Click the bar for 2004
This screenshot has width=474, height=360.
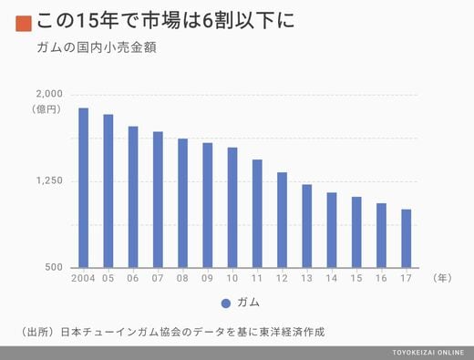[x=84, y=188]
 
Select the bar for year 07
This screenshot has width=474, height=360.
[x=158, y=200]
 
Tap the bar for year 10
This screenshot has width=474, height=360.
[x=232, y=208]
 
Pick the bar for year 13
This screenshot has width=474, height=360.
[x=307, y=226]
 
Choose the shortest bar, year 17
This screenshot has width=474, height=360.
[x=407, y=239]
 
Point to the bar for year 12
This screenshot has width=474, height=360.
[x=282, y=220]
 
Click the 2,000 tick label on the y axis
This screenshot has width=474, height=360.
[x=49, y=94]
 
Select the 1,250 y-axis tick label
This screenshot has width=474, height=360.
[x=49, y=180]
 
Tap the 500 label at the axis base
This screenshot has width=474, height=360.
[x=54, y=267]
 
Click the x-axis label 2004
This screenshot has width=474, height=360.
[x=83, y=278]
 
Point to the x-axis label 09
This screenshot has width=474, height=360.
[x=207, y=278]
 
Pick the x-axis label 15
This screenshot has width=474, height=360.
[x=356, y=278]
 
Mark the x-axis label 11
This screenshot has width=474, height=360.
[x=257, y=278]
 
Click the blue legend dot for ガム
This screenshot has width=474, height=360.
[x=226, y=303]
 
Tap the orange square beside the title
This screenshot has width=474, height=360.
[x=24, y=24]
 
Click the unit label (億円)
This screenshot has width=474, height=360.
[x=46, y=109]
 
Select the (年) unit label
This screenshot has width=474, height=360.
[x=442, y=278]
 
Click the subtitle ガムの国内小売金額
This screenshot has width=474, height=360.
[x=97, y=47]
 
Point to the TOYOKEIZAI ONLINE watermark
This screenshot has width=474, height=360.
[x=428, y=353]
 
